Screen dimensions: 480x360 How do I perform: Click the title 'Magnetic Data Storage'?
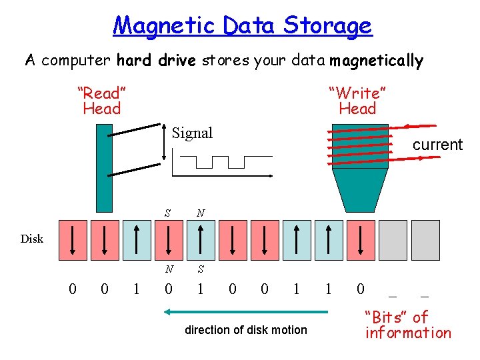tap(243, 25)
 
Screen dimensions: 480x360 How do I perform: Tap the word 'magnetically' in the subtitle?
tap(376, 61)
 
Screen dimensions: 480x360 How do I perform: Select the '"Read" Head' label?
tap(102, 101)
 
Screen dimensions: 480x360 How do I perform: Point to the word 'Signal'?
tap(192, 133)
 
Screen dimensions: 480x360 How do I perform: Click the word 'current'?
tap(437, 145)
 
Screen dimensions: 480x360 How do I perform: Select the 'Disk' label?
tap(31, 239)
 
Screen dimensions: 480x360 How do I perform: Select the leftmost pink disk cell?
tap(73, 239)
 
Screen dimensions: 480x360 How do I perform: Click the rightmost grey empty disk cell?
tap(425, 239)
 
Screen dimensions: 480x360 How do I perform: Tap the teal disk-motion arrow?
tap(247, 311)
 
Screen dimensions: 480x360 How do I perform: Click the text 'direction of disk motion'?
tap(246, 329)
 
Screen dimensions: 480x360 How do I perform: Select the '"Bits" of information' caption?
tap(407, 325)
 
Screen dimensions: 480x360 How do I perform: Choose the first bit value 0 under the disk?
tap(73, 288)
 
